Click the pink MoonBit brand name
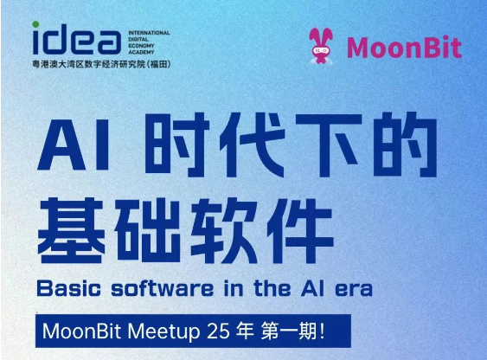[x=403, y=46]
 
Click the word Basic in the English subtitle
[x=71, y=286]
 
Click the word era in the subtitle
[x=353, y=286]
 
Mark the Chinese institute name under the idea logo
[x=106, y=65]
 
